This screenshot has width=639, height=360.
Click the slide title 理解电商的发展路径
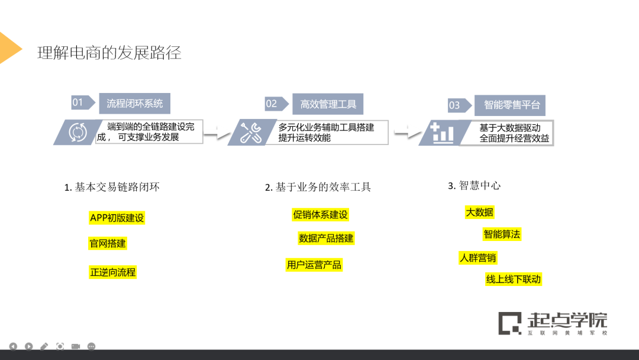click(x=109, y=53)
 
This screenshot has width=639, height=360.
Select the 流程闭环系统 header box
click(x=134, y=103)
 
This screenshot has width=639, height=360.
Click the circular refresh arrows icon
click(x=78, y=132)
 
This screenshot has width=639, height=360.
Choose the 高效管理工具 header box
click(x=328, y=104)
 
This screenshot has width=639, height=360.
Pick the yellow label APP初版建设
click(x=117, y=218)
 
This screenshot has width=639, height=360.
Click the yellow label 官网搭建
click(x=107, y=243)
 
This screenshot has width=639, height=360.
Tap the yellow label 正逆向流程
click(x=112, y=272)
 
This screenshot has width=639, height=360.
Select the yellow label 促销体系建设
click(x=320, y=214)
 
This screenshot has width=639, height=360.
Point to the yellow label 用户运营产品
click(x=314, y=265)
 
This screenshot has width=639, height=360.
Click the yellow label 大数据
click(x=479, y=212)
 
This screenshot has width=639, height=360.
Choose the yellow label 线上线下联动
click(x=513, y=279)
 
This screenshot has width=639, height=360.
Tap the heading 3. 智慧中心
click(x=474, y=185)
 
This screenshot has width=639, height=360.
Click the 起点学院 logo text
click(x=567, y=320)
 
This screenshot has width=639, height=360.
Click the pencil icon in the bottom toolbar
click(x=44, y=346)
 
